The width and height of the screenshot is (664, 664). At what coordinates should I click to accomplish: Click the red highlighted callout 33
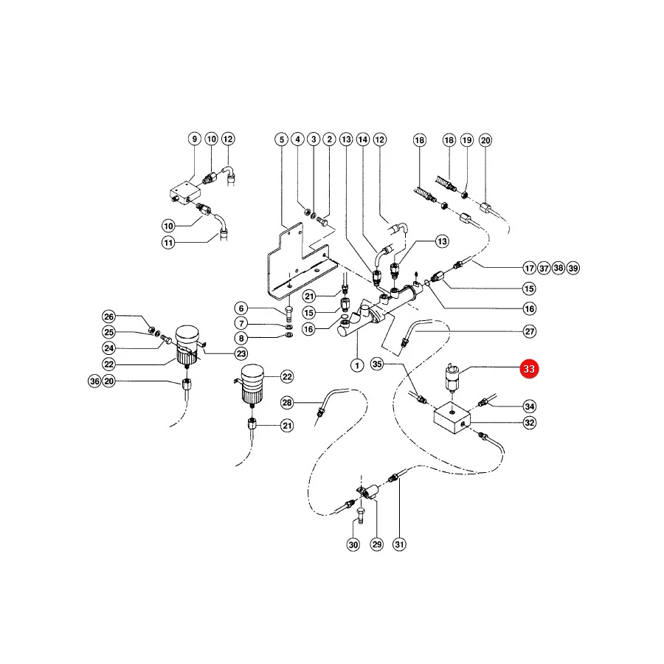(529, 369)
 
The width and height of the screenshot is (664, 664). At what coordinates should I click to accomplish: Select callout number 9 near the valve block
(194, 139)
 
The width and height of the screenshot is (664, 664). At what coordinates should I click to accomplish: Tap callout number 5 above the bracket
(282, 139)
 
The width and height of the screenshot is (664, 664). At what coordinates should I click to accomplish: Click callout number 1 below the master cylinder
(357, 365)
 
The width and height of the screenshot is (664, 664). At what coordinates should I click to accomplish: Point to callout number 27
(530, 331)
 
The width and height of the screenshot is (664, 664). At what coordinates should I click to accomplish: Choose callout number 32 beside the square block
(530, 423)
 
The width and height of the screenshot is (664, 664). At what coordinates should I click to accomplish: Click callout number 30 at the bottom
(353, 544)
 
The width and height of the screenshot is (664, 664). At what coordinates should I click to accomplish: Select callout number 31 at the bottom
(399, 544)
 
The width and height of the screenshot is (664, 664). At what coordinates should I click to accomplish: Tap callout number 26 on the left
(109, 317)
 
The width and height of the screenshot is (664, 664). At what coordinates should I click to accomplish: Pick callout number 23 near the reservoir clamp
(241, 353)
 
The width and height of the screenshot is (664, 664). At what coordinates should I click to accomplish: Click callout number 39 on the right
(573, 268)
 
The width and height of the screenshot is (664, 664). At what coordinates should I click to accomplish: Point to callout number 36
(94, 381)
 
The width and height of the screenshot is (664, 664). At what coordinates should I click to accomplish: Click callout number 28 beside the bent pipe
(287, 402)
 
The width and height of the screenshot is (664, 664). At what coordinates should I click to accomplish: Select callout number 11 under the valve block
(168, 243)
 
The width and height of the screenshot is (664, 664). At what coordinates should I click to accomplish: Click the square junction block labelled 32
(452, 418)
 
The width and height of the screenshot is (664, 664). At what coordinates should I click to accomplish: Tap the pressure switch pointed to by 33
(452, 378)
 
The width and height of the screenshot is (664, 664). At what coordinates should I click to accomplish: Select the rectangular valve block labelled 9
(184, 193)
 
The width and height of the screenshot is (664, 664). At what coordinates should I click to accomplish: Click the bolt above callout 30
(360, 516)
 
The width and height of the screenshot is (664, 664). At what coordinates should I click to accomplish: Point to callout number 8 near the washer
(241, 338)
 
